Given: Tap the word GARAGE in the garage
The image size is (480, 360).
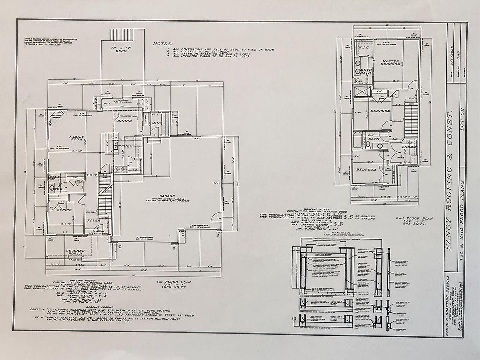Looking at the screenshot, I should click(x=167, y=196).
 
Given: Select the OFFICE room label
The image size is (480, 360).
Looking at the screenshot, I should click(x=64, y=210).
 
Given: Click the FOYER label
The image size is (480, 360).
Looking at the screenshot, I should click(x=94, y=220).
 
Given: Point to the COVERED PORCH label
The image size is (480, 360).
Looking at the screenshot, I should click(x=75, y=253).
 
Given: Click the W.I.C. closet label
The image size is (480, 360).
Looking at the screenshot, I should click(x=363, y=48).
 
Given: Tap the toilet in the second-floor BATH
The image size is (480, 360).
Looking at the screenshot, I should click(x=368, y=145).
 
